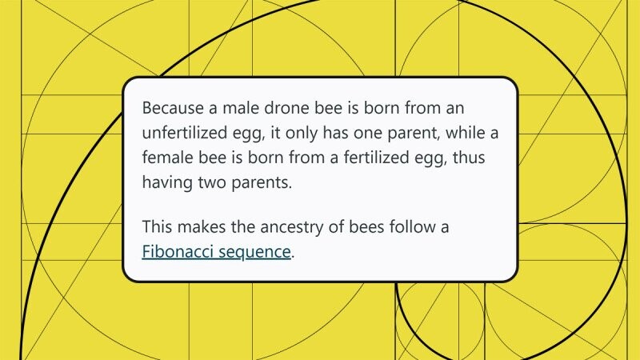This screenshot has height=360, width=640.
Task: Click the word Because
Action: click(173, 108)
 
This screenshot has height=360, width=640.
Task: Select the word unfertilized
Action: click(184, 133)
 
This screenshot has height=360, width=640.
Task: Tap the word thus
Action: click(469, 158)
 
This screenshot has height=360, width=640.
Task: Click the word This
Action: click(157, 226)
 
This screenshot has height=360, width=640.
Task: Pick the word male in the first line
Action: click(241, 108)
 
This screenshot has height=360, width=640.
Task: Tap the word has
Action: click(335, 133)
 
